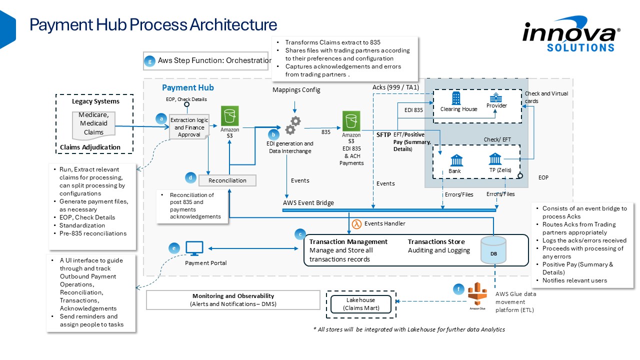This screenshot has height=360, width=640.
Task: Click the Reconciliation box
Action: pyautogui.click(x=228, y=179)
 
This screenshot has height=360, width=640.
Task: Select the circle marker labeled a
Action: pyautogui.click(x=161, y=118)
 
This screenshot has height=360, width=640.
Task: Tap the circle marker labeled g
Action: pyautogui.click(x=149, y=61)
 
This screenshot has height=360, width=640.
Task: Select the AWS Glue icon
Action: pyautogui.click(x=477, y=294)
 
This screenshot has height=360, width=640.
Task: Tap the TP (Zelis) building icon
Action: pyautogui.click(x=495, y=159)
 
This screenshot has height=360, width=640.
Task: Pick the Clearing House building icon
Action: pyautogui.click(x=456, y=98)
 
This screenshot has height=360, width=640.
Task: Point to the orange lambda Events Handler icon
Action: pyautogui.click(x=357, y=223)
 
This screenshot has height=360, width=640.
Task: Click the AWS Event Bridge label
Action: pyautogui.click(x=308, y=203)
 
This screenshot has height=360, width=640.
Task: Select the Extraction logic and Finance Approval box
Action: pyautogui.click(x=188, y=127)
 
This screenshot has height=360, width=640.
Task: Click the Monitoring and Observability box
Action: pyautogui.click(x=233, y=300)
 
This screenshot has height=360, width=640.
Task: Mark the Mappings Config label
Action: pyautogui.click(x=296, y=90)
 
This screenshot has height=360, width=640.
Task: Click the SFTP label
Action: pyautogui.click(x=383, y=134)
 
